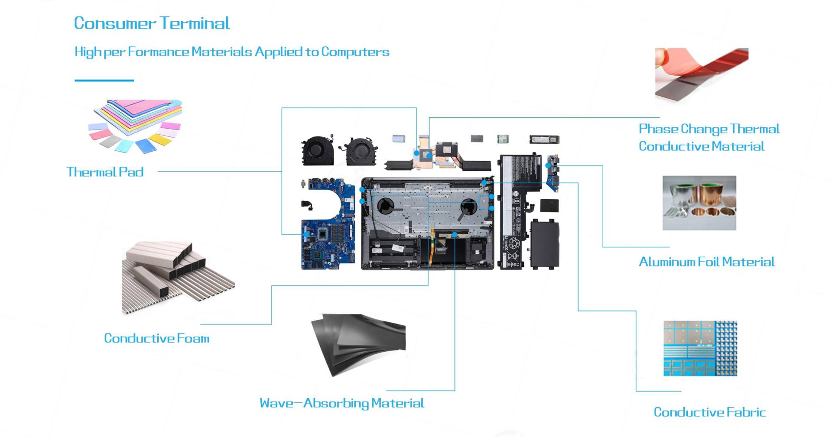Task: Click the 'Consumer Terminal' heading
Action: (152, 23)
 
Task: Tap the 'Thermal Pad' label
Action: (105, 172)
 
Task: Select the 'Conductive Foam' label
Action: (156, 338)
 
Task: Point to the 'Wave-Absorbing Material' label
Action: (341, 403)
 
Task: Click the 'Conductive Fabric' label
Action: (709, 412)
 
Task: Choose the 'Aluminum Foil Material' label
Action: (706, 262)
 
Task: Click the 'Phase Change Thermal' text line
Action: (709, 129)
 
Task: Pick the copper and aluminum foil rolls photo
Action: (699, 203)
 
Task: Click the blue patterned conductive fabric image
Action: (700, 348)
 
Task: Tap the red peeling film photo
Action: (701, 73)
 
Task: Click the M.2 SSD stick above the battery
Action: (544, 139)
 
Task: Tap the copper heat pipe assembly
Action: (438, 156)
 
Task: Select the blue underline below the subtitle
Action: (104, 80)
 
